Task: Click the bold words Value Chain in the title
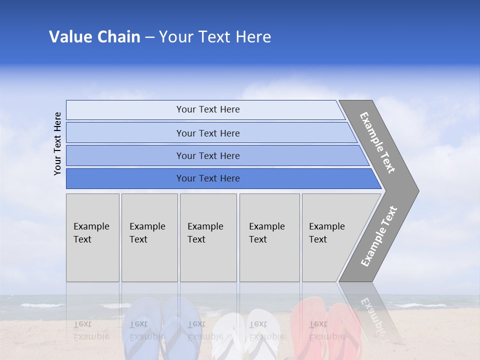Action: coord(94,37)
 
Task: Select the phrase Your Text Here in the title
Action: coord(215,37)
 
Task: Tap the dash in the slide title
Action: coord(149,37)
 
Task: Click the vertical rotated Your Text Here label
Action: coord(57,143)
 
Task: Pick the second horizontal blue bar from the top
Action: coord(208,133)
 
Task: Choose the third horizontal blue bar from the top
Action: coord(208,155)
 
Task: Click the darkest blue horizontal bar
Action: coord(208,178)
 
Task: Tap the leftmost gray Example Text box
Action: coord(92,237)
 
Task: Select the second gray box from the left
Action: coord(149,237)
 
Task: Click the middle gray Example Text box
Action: coord(208,237)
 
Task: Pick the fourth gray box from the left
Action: coord(269,237)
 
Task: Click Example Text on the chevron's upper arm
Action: coord(377,142)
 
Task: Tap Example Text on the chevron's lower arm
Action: coord(378,236)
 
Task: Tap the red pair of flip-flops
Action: coord(325,327)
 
